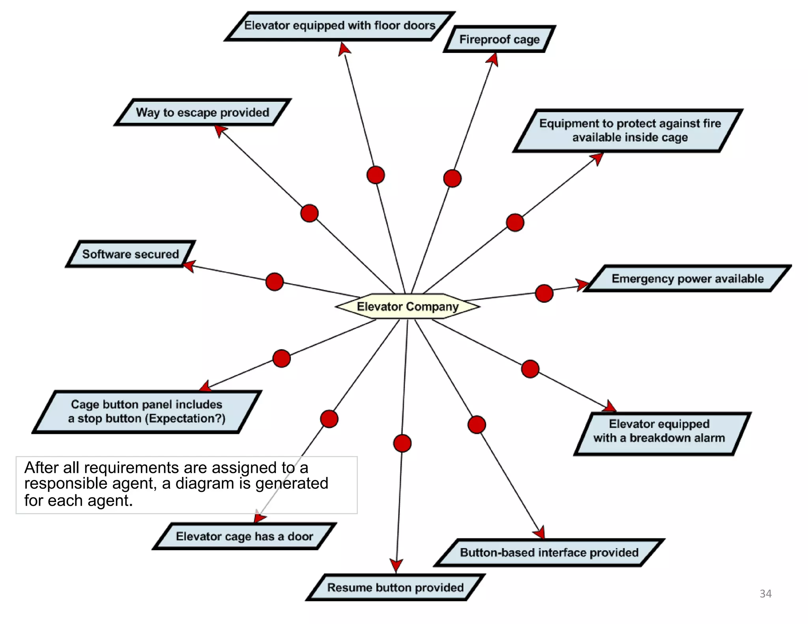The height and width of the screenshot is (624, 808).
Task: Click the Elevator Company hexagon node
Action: click(x=408, y=306)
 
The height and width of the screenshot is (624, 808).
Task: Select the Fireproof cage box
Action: click(x=499, y=39)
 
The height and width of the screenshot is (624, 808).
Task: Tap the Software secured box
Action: click(x=130, y=254)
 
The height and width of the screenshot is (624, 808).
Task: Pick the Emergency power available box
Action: click(x=687, y=279)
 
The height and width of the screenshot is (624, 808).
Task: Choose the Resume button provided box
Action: click(x=395, y=588)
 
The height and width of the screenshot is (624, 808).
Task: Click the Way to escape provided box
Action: click(x=202, y=112)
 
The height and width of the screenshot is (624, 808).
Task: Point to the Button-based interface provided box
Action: click(x=549, y=553)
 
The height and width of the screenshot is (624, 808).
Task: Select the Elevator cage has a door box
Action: click(x=244, y=536)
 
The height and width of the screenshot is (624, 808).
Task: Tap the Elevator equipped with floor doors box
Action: click(x=340, y=26)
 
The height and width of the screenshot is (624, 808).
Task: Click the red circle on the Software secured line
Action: click(x=275, y=282)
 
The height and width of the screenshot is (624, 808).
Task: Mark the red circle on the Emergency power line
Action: click(x=544, y=293)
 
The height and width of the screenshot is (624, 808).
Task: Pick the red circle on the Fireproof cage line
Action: click(x=452, y=178)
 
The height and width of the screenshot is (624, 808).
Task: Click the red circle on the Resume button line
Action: click(x=402, y=443)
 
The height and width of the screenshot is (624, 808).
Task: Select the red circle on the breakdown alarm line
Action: click(x=530, y=369)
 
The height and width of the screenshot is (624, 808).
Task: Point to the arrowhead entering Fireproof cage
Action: click(x=493, y=59)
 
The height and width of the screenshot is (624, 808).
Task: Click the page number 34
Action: click(x=765, y=594)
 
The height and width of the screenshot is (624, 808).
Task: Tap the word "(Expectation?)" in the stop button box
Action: click(x=185, y=418)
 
